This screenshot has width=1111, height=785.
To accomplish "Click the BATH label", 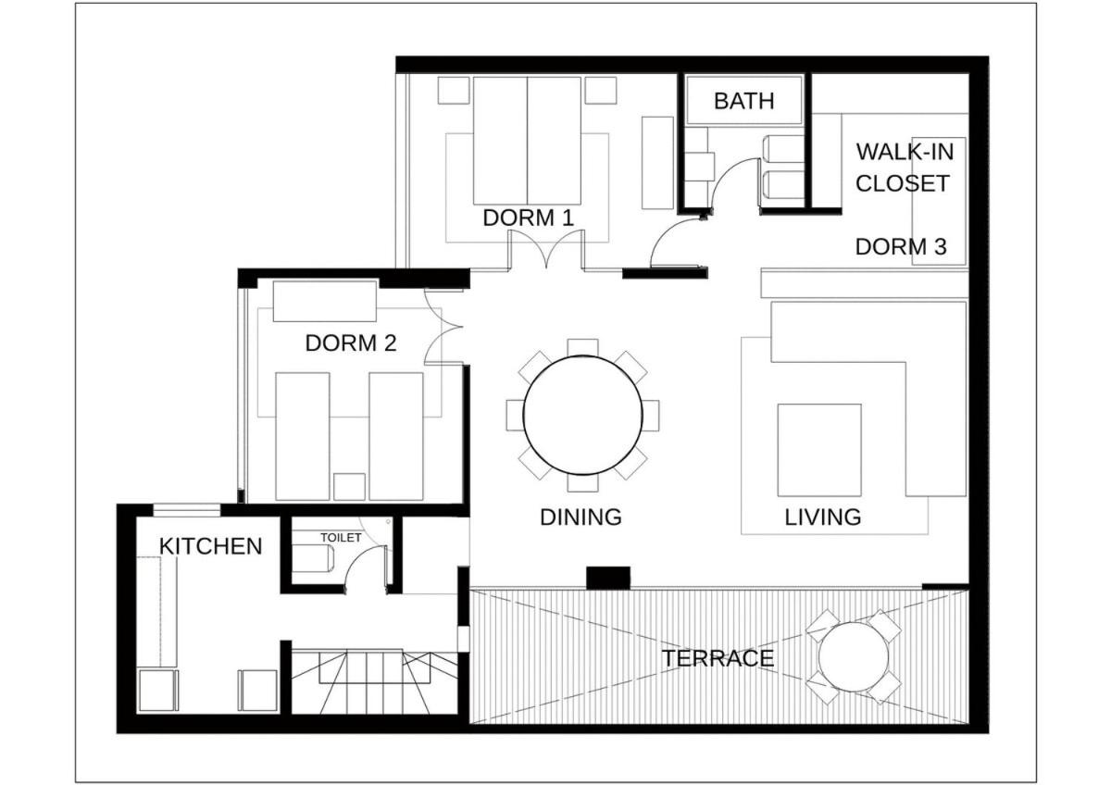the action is point(743,101).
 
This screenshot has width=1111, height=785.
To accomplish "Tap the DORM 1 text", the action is point(529,218).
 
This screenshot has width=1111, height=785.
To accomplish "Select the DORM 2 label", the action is point(351,343).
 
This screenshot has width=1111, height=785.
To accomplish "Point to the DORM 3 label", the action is point(901,247).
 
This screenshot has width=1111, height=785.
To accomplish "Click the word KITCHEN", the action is point(211,546).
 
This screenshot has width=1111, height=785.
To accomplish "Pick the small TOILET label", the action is point(341,538).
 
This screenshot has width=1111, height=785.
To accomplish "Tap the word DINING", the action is point(580,517).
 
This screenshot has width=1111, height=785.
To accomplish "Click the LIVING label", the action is point(823,517).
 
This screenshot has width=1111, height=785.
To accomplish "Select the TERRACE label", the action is point(718,658).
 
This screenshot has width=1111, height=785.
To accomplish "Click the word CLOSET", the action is point(902,183).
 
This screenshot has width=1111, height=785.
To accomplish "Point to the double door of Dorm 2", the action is point(443,327).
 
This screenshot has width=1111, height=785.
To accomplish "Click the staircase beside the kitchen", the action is point(374,682).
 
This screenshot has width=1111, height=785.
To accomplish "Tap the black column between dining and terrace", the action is point(608,578).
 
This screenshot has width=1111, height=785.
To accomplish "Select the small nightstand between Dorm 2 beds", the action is point(349,487).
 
